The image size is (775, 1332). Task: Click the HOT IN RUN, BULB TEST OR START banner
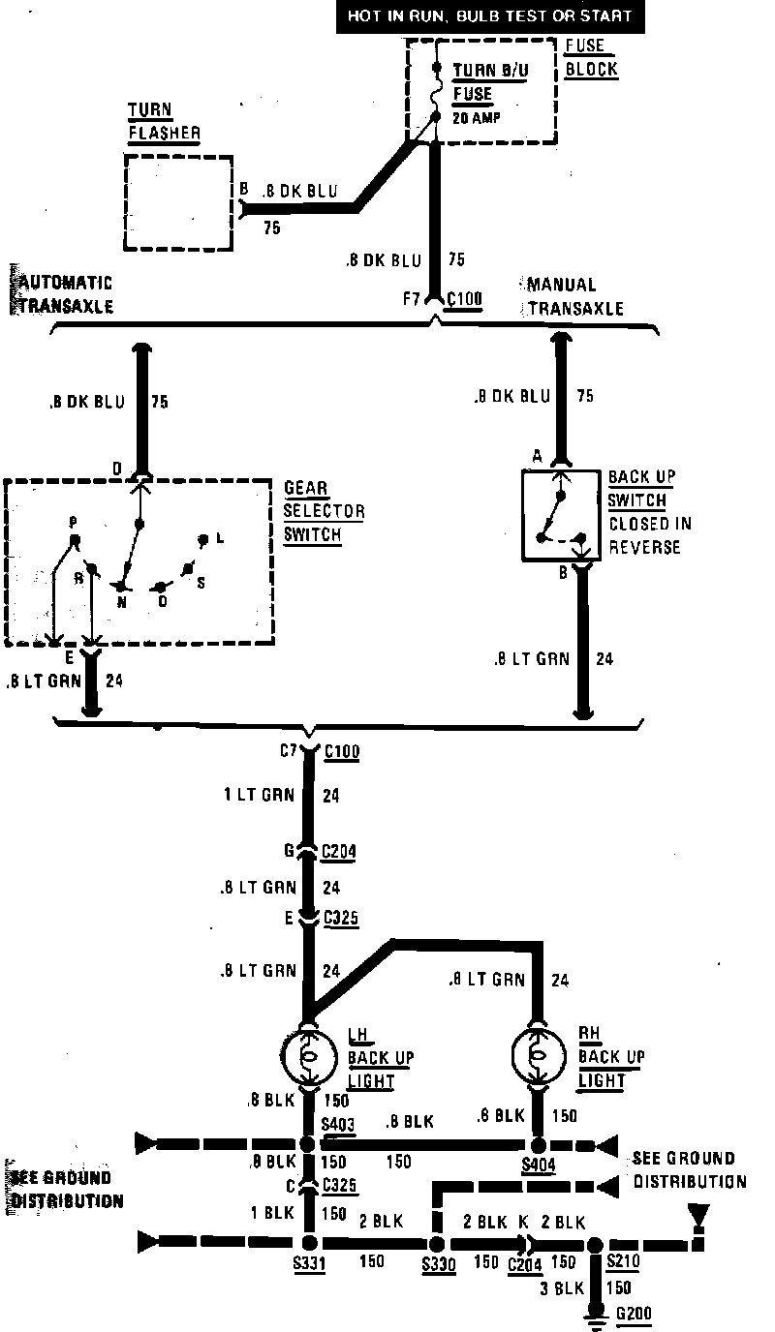(489, 16)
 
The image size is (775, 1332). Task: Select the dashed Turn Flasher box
(179, 201)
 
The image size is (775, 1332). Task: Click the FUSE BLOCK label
(590, 58)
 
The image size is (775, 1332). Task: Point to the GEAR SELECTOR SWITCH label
(324, 511)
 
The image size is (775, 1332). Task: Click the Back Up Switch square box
(560, 515)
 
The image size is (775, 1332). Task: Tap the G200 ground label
(635, 1314)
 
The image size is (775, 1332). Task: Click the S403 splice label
(339, 1124)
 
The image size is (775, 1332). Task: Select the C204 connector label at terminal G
(340, 852)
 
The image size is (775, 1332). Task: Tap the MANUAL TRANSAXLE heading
(574, 296)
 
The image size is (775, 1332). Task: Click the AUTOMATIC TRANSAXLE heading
(63, 294)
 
